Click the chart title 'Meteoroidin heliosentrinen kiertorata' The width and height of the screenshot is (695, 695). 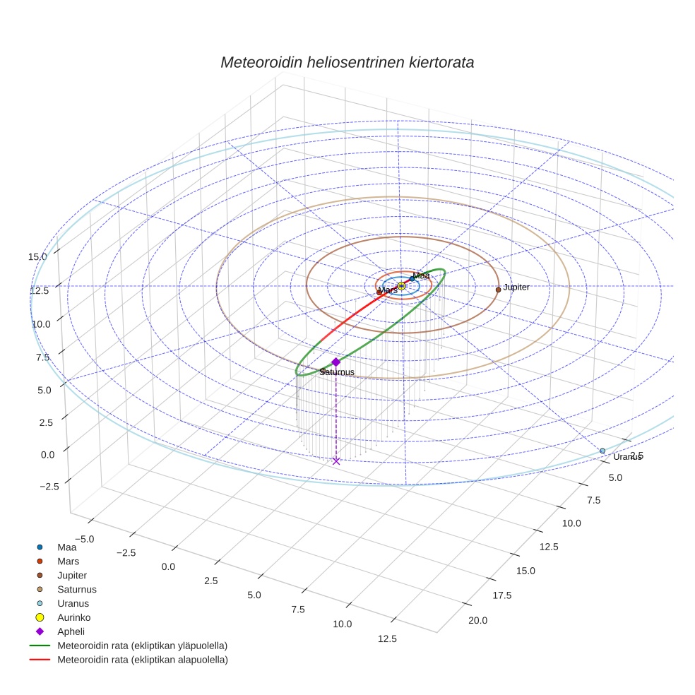click(x=347, y=62)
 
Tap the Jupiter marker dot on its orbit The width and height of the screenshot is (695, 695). click(x=498, y=290)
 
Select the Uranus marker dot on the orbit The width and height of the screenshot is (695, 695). click(x=602, y=451)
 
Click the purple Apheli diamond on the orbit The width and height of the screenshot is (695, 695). click(x=335, y=362)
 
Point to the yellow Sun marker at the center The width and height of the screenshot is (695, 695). click(x=401, y=285)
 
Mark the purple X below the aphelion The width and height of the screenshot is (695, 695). click(x=336, y=461)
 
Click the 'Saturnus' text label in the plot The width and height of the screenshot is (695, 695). click(x=337, y=372)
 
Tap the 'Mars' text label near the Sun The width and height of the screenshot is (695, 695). click(x=388, y=290)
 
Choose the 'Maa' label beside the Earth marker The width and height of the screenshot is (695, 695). click(x=421, y=275)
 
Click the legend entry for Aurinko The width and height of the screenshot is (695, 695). click(x=73, y=617)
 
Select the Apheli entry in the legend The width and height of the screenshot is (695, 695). click(x=70, y=631)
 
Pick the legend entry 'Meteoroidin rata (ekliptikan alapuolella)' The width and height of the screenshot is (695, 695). click(x=142, y=660)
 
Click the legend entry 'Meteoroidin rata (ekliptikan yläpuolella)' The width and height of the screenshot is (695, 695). click(x=142, y=646)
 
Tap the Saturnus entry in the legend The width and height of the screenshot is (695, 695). click(x=77, y=589)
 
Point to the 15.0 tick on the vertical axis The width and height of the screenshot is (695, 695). click(x=37, y=256)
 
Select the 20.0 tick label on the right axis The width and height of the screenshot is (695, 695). click(x=477, y=621)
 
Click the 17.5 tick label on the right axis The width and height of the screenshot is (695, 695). click(x=501, y=595)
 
